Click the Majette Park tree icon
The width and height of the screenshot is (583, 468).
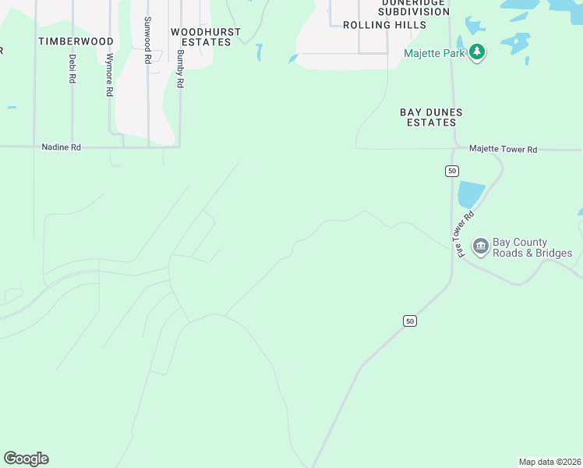[x=477, y=53]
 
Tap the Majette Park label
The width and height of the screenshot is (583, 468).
[x=434, y=53]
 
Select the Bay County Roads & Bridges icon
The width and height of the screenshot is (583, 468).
[x=480, y=247]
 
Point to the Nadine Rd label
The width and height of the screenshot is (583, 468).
[x=61, y=147]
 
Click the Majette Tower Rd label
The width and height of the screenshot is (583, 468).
[x=503, y=149]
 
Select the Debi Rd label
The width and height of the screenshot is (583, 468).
[x=72, y=69]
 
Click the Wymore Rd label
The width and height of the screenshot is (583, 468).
[x=110, y=75]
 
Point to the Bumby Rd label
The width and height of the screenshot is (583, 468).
[x=180, y=69]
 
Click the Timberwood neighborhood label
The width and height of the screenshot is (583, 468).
[x=76, y=41]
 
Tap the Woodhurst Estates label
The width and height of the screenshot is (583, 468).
[x=206, y=37]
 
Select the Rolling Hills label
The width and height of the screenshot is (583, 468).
[x=385, y=25]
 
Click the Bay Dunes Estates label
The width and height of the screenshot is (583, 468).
[x=431, y=117]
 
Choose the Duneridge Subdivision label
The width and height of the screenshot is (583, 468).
[x=413, y=7]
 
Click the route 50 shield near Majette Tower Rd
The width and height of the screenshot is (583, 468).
[x=452, y=171]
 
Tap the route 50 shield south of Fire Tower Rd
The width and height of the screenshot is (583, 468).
[x=410, y=321]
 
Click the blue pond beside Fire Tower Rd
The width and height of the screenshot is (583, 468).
[x=471, y=195]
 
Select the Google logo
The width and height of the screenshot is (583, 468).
[x=26, y=459]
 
